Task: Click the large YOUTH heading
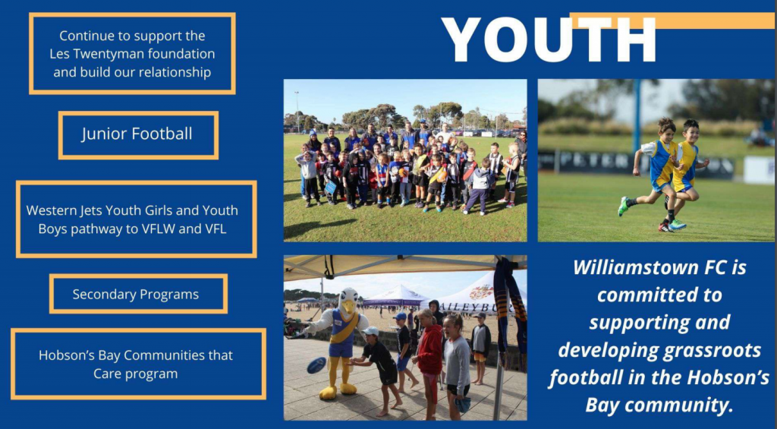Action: point(549,39)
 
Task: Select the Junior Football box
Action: point(138,135)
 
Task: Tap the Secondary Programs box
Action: point(138,294)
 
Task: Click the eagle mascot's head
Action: point(349,301)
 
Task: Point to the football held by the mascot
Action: point(316,365)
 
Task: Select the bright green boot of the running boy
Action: point(623,207)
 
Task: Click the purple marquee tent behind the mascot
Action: point(395,297)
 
